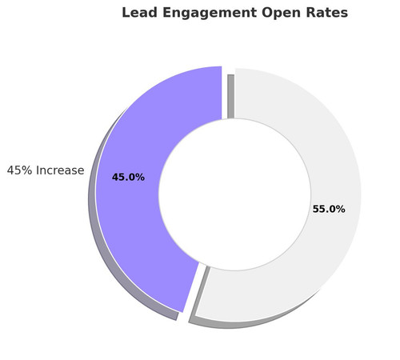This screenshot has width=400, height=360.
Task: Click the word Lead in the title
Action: [138, 14]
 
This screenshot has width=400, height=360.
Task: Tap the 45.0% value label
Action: [128, 178]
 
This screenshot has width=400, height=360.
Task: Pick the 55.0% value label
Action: [328, 210]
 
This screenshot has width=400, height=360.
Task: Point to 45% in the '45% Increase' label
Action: [18, 170]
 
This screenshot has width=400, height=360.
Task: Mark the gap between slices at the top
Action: [225, 92]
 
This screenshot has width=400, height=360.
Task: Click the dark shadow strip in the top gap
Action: [230, 96]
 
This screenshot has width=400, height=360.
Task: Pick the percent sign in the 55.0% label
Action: [340, 210]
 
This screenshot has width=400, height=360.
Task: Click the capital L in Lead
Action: [126, 14]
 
